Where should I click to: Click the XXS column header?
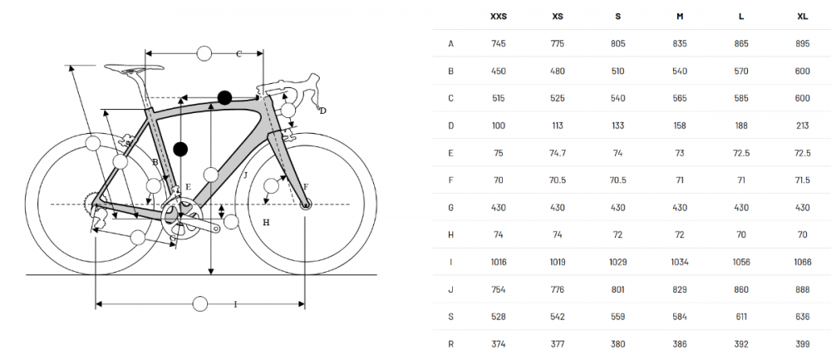(x=498, y=17)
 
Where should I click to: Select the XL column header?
(x=803, y=17)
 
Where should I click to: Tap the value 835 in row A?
(x=680, y=43)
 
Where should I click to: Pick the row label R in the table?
(x=450, y=344)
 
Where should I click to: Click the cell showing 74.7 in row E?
(x=558, y=153)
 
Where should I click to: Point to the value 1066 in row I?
(x=803, y=262)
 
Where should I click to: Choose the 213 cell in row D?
(x=803, y=126)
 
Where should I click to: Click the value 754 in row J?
(x=498, y=289)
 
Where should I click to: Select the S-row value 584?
(x=680, y=317)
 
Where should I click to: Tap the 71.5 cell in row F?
(x=803, y=180)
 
